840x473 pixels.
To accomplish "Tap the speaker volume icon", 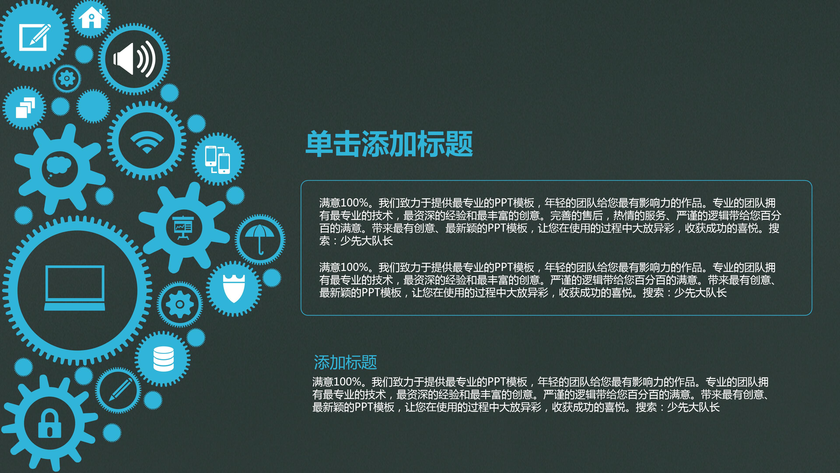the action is click(134, 59).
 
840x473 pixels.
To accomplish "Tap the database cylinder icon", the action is click(163, 359).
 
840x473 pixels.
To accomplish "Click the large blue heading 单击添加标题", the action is click(389, 144).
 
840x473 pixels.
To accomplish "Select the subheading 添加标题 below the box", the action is click(345, 362).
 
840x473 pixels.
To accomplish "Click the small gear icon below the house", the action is click(67, 78).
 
